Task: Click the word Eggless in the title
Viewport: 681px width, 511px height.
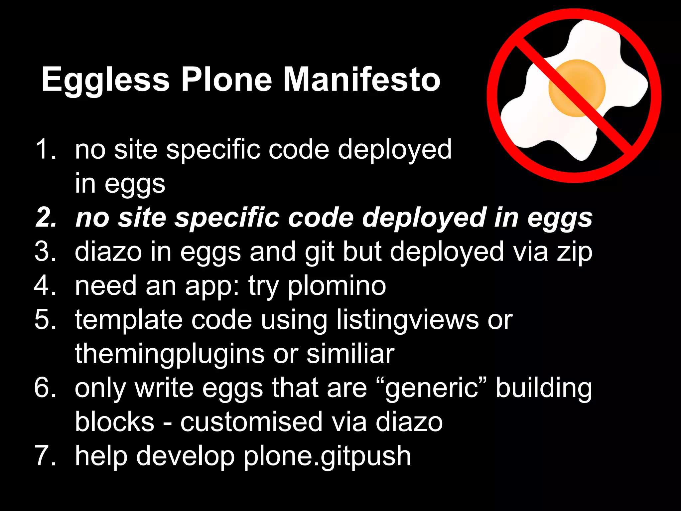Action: [x=106, y=80]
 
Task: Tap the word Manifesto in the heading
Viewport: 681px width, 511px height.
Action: [x=362, y=80]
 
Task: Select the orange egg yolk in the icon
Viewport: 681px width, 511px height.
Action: [x=577, y=88]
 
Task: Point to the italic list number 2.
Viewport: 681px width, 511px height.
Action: [x=46, y=218]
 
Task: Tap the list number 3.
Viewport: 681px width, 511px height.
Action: [x=45, y=252]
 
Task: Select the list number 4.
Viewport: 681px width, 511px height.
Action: [x=45, y=286]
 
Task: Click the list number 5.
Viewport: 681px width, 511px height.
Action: [x=45, y=320]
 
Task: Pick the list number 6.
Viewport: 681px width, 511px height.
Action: [x=45, y=388]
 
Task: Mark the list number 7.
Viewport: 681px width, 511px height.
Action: [x=45, y=456]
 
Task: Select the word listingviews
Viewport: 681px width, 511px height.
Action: [x=407, y=320]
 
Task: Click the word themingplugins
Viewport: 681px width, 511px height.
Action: [x=170, y=354]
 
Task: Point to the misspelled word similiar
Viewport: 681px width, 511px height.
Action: [x=350, y=354]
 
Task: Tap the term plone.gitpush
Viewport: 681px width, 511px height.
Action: [x=327, y=456]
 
